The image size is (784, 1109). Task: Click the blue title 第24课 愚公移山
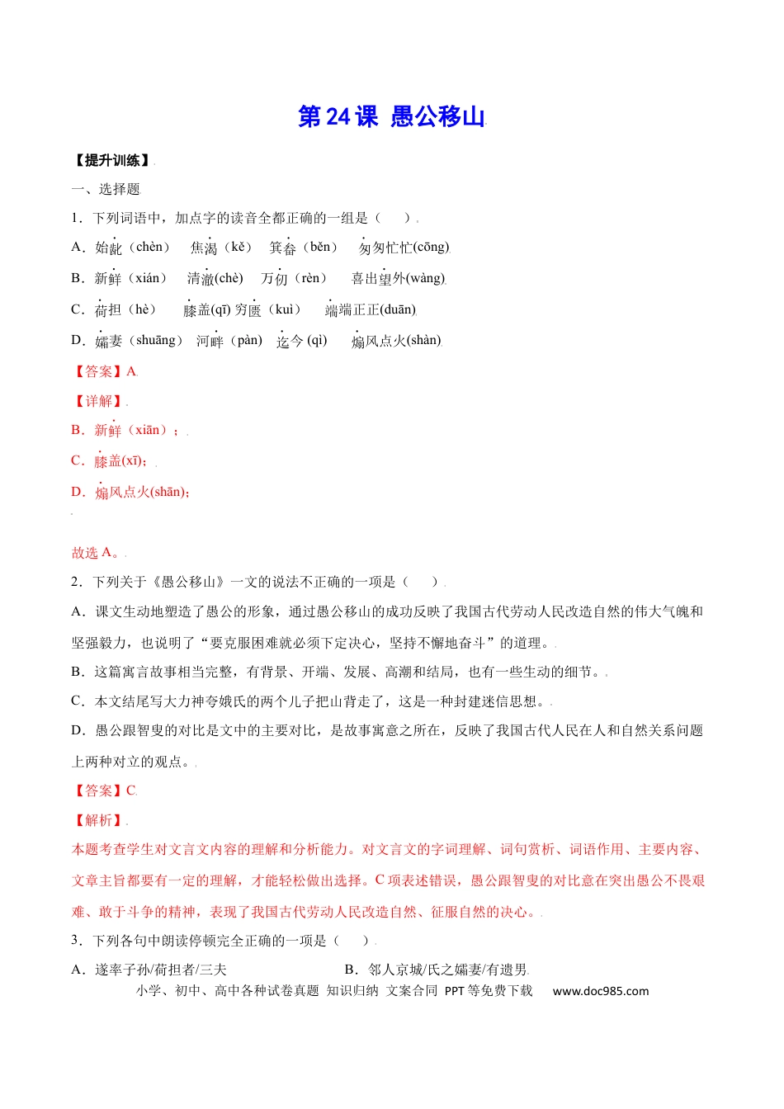click(x=391, y=117)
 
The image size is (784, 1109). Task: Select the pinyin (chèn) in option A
click(x=149, y=248)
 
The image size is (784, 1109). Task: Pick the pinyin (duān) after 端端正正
click(x=398, y=309)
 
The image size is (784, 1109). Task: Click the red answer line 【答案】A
click(x=104, y=371)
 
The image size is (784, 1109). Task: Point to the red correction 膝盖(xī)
click(x=120, y=460)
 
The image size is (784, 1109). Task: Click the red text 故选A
click(x=96, y=553)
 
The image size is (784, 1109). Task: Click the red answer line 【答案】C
click(x=104, y=790)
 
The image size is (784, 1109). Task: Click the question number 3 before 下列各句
click(x=75, y=941)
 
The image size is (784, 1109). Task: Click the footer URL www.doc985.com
click(x=600, y=991)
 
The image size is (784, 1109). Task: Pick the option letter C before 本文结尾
click(x=78, y=701)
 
